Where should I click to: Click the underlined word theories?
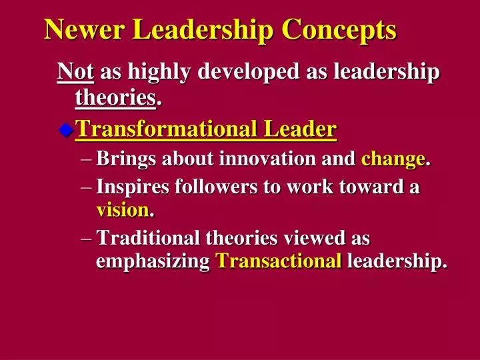point(115,99)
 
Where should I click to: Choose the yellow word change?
point(392,159)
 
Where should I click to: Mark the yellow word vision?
point(123,211)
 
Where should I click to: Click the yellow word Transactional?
point(279,262)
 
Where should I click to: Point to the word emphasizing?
point(153,262)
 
